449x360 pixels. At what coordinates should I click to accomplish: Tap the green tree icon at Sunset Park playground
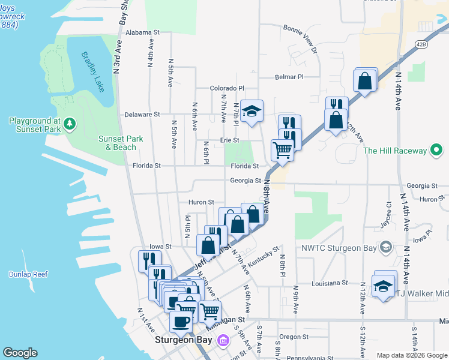(x=71, y=124)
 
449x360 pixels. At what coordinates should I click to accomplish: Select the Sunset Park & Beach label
(x=121, y=143)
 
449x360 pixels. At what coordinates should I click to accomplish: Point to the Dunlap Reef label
(x=28, y=274)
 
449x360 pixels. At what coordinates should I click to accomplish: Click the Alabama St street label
(x=143, y=32)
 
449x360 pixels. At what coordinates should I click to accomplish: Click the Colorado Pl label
(x=227, y=88)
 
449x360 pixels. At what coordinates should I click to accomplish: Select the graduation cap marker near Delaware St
(x=252, y=110)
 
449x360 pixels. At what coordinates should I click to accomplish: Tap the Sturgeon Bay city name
(x=185, y=340)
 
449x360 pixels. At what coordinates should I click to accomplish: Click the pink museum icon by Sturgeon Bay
(x=223, y=341)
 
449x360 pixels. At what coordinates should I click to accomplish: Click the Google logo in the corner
(x=20, y=353)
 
